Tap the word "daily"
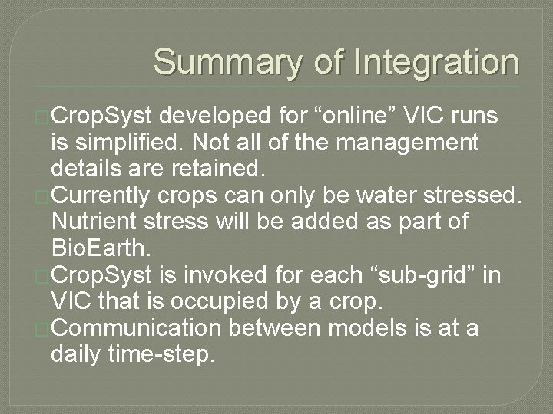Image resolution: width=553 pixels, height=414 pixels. (x=75, y=353)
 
